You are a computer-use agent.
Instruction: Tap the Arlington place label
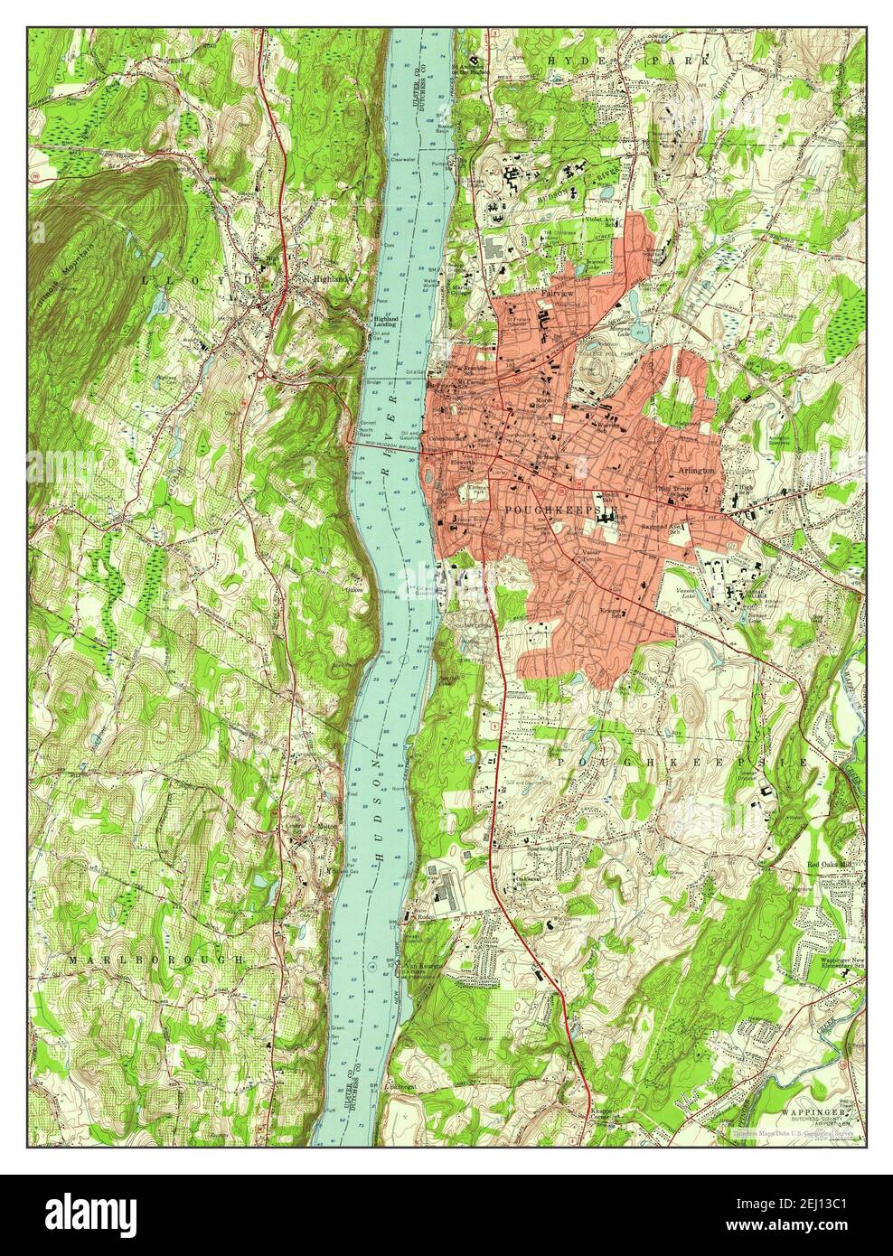click(697, 471)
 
